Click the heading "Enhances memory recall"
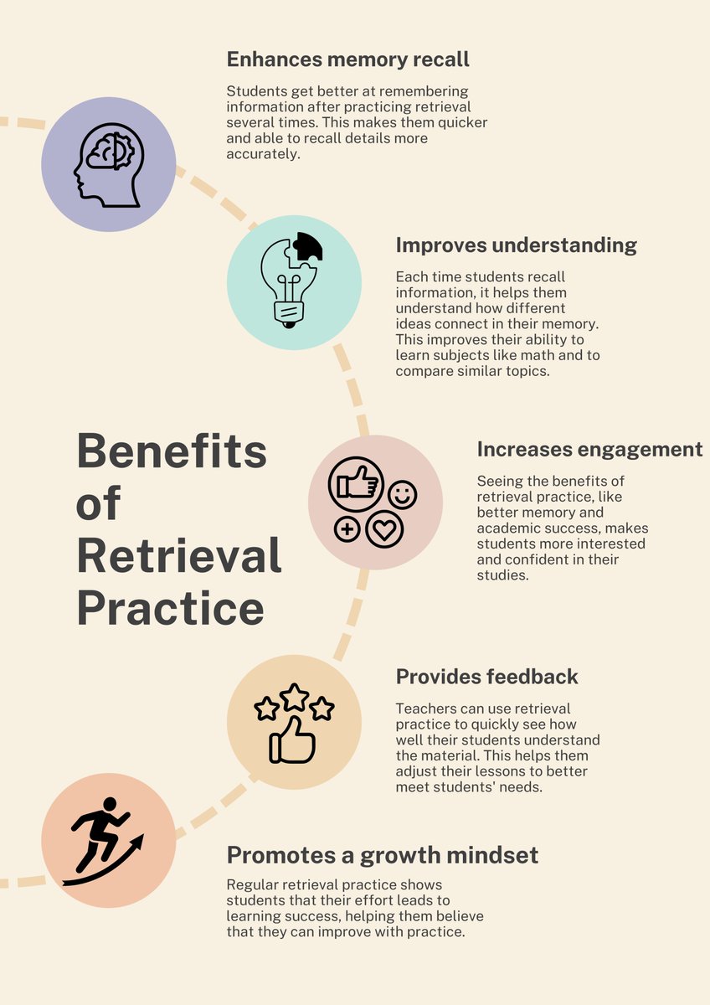click(x=347, y=59)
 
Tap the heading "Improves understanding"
click(x=516, y=245)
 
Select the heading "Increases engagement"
click(x=589, y=449)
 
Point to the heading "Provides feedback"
click(x=486, y=677)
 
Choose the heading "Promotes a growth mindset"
click(x=383, y=855)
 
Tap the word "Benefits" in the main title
click(x=172, y=451)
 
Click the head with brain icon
click(x=109, y=163)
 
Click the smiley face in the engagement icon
click(x=402, y=494)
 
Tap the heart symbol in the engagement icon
click(x=384, y=529)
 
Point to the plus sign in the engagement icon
click(x=346, y=529)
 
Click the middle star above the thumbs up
click(x=294, y=697)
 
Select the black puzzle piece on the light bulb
click(x=307, y=247)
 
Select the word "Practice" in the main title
click(x=171, y=609)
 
